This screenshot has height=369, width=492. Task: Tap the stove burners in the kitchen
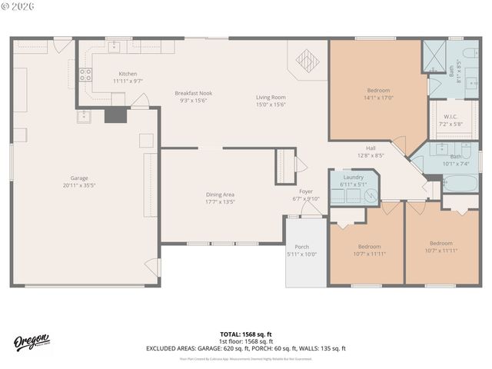86,75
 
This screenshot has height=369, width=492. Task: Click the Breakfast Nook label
193,93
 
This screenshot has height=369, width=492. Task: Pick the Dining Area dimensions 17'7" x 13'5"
219,201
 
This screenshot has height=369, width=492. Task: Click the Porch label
301,248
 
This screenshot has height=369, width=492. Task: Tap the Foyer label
306,191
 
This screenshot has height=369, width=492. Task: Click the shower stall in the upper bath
434,55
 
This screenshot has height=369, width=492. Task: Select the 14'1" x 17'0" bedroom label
377,94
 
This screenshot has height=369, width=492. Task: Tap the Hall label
371,148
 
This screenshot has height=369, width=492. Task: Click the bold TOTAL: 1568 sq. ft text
245,334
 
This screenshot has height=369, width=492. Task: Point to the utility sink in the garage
84,116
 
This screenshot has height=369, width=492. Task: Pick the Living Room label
271,97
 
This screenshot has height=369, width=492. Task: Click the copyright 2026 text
18,7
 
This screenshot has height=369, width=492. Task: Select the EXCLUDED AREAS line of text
245,348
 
